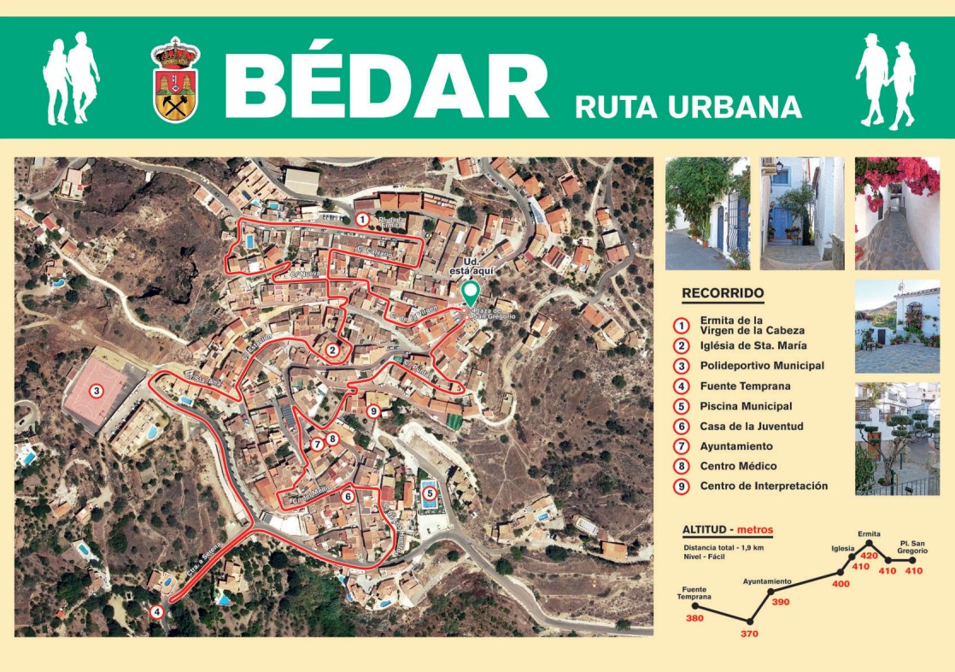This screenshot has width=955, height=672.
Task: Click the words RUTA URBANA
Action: [x=688, y=107]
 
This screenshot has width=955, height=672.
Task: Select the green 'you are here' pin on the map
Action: [x=468, y=292]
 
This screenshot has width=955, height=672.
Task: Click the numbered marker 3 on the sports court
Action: [x=97, y=392]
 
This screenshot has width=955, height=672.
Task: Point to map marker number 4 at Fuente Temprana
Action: [x=156, y=612]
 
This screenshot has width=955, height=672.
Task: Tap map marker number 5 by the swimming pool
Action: [x=429, y=493]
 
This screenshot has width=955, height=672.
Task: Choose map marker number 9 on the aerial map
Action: [x=373, y=412]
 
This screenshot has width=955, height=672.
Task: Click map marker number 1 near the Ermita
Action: [x=362, y=220]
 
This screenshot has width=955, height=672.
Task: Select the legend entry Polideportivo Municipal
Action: [x=762, y=366]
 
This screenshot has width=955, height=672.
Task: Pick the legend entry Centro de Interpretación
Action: [x=764, y=486]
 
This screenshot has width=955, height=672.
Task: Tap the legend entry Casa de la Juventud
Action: [x=751, y=426]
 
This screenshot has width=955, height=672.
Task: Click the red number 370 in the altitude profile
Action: [x=750, y=634]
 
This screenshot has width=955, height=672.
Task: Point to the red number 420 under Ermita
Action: [x=869, y=556]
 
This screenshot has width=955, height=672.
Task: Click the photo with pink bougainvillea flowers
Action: [x=897, y=213]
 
